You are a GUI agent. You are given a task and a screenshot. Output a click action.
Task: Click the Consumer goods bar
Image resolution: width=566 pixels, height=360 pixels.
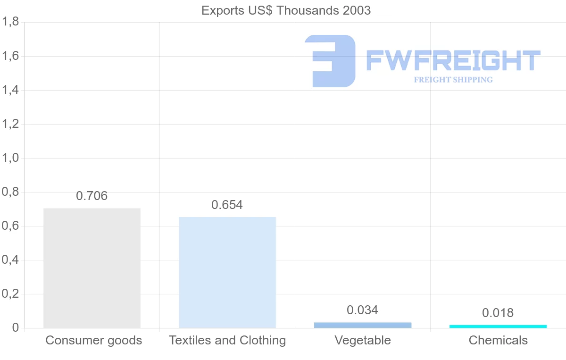tap(92, 268)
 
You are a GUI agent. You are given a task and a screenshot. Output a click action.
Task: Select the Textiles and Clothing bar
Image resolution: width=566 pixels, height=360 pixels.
tap(227, 272)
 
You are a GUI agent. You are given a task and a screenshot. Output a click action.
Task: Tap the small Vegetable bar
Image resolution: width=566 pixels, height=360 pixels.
tap(363, 325)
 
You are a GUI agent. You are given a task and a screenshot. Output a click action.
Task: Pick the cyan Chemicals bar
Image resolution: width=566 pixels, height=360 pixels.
tap(498, 326)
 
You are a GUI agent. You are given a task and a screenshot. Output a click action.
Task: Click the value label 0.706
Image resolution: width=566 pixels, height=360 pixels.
tap(92, 196)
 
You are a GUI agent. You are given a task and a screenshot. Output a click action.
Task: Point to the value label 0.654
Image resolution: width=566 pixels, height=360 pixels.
tap(227, 205)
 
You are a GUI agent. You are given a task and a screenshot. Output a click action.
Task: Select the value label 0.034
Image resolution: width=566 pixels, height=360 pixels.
tap(363, 310)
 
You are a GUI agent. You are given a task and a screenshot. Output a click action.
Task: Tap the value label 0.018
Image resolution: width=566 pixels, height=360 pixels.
tap(498, 313)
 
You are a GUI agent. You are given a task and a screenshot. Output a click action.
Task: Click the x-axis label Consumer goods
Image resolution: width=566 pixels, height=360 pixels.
tap(94, 340)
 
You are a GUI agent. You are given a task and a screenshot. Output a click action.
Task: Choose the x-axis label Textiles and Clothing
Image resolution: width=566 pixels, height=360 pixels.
tap(227, 340)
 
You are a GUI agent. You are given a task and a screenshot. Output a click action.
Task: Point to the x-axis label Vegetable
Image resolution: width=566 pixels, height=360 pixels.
tap(363, 340)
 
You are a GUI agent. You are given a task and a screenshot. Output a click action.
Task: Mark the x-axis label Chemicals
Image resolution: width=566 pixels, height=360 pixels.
tap(498, 340)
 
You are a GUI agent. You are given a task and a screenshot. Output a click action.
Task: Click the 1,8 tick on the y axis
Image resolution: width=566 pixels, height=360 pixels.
tap(10, 22)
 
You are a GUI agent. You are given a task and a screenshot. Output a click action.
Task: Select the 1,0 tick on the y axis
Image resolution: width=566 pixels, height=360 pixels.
tap(10, 158)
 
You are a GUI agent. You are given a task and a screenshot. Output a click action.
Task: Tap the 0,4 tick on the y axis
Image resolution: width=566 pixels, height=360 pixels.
tap(10, 260)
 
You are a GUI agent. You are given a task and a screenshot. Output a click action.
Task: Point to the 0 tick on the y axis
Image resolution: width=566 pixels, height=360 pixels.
tap(15, 328)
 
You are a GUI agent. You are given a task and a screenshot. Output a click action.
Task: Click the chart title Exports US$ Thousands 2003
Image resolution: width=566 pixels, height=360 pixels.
tap(286, 10)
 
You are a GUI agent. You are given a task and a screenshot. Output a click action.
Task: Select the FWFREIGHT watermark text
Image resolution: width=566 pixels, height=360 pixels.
tap(453, 61)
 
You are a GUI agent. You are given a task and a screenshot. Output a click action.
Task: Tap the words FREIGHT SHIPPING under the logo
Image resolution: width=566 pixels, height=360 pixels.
tap(453, 80)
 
